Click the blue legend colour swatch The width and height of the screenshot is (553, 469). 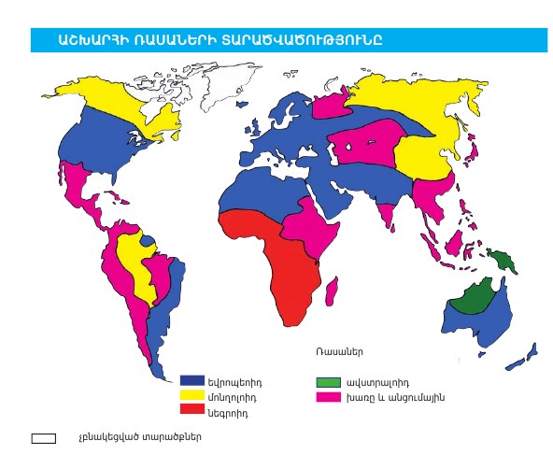pyautogui.click(x=191, y=380)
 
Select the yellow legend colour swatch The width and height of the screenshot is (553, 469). pyautogui.click(x=191, y=395)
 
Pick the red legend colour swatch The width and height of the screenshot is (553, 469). pyautogui.click(x=191, y=409)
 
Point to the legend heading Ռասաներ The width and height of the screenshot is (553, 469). pyautogui.click(x=339, y=352)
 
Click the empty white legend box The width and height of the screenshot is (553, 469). pyautogui.click(x=43, y=437)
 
